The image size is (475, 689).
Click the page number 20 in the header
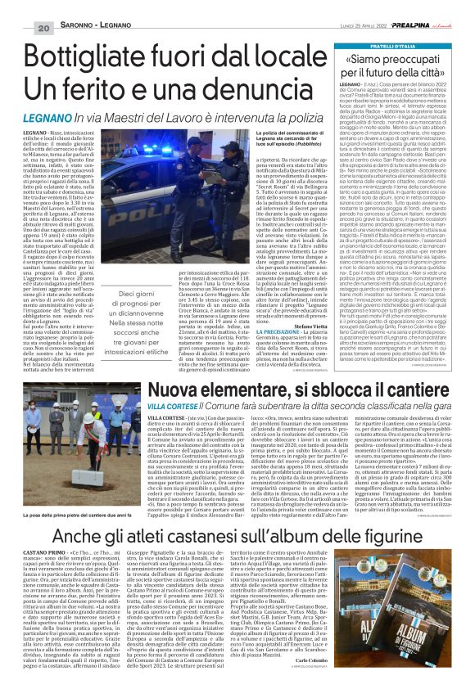click(x=18, y=29)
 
